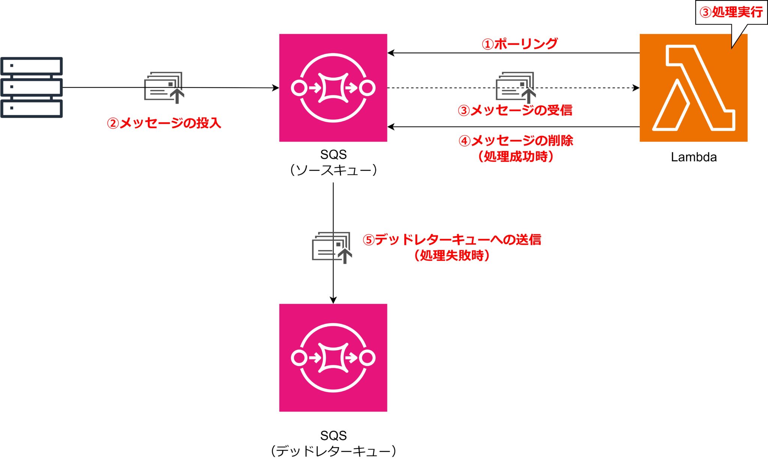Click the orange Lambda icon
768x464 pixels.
click(693, 88)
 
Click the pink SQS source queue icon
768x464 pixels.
click(333, 88)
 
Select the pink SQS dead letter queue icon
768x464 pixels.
click(333, 358)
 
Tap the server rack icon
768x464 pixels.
click(31, 87)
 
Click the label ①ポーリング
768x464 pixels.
click(519, 44)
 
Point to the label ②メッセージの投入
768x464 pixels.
click(164, 123)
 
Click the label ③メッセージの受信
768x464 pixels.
click(515, 110)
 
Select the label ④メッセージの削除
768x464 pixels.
click(516, 141)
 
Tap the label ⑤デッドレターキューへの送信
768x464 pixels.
click(452, 239)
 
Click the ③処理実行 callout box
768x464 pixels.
click(731, 12)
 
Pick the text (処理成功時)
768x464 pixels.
click(516, 156)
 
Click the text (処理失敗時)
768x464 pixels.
click(452, 256)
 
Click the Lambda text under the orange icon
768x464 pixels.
click(694, 157)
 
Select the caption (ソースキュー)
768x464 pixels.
click(333, 171)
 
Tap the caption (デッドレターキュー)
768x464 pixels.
click(333, 451)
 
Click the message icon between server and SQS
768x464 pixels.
click(164, 87)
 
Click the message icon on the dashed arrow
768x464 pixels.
click(515, 87)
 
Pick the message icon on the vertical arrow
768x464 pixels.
click(332, 247)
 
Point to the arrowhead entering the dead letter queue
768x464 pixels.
click(333, 300)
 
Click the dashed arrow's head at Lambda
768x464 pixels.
click(636, 88)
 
